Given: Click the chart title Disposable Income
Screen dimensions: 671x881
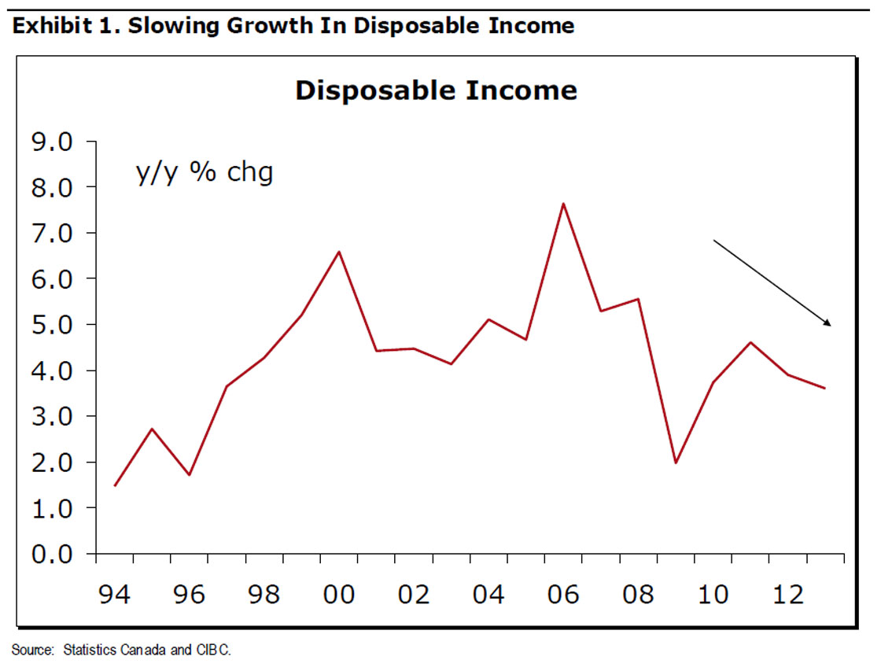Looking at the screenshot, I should pos(436,90).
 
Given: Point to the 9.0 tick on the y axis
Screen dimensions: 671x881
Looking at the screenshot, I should pos(51,142).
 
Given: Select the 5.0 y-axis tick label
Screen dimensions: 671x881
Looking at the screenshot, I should pos(51,325).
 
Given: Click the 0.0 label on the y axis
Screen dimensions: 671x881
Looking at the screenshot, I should pos(51,555).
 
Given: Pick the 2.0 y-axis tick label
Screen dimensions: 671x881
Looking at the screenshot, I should pos(51,463).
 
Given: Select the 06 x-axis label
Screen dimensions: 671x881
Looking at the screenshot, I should pos(563,595).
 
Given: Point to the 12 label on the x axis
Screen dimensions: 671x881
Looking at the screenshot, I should pos(787,595).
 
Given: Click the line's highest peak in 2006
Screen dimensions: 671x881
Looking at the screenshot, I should pos(563,204).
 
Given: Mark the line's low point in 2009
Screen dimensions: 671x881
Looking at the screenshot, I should pos(675,463).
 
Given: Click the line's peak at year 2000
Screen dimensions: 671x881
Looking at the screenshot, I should pos(338,252).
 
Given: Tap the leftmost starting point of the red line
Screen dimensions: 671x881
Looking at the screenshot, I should pos(115,485).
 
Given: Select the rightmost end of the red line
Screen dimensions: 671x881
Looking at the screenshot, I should pos(824,388).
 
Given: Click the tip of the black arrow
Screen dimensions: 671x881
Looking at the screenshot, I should pos(830,325).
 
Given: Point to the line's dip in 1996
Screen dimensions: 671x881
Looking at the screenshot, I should pos(190,475).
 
